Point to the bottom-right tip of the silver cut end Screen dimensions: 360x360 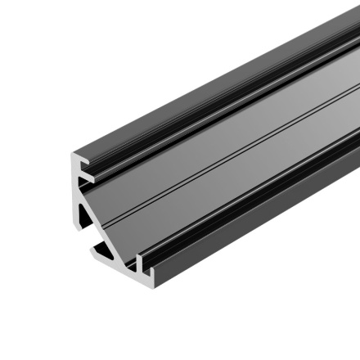[146, 271]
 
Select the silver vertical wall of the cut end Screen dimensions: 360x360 [75, 205]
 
